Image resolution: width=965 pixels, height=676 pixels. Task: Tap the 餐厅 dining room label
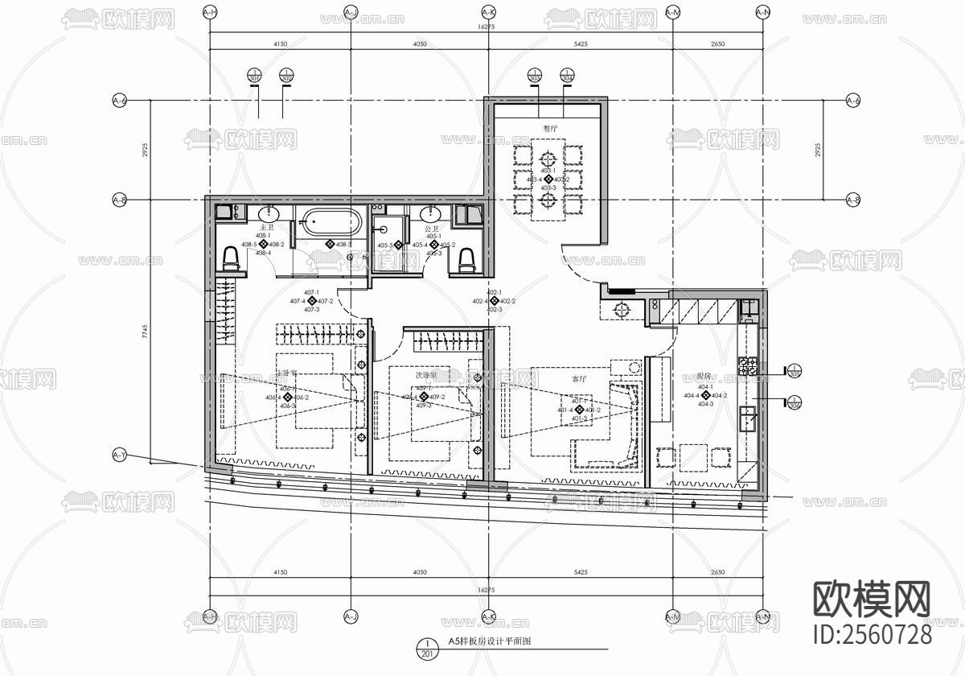click(x=549, y=128)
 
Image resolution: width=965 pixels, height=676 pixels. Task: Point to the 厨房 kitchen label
click(x=704, y=376)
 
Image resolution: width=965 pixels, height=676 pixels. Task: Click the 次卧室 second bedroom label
click(x=425, y=375)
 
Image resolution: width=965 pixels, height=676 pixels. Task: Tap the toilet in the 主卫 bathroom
click(x=231, y=258)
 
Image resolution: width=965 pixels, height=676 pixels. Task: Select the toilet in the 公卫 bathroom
click(x=466, y=258)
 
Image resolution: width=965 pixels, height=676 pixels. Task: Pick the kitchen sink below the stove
click(x=748, y=419)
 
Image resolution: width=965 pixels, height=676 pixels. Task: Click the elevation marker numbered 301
click(x=255, y=77)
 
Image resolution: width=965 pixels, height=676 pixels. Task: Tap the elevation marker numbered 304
click(x=567, y=77)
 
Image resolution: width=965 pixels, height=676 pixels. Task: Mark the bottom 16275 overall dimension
click(x=487, y=590)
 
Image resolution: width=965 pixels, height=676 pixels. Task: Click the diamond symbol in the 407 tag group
click(x=312, y=301)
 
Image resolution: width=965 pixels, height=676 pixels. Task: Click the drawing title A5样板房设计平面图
click(x=491, y=642)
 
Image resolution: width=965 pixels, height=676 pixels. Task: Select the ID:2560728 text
click(x=873, y=633)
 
